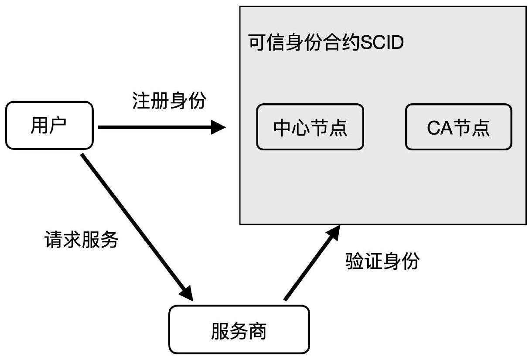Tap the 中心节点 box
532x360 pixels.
click(310, 127)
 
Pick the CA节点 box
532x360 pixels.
click(458, 127)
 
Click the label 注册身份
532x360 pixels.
click(169, 102)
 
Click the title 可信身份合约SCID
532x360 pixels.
click(326, 44)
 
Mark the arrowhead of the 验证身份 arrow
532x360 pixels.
click(333, 232)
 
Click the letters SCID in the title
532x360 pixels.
click(381, 44)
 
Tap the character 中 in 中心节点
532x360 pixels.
click(282, 128)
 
